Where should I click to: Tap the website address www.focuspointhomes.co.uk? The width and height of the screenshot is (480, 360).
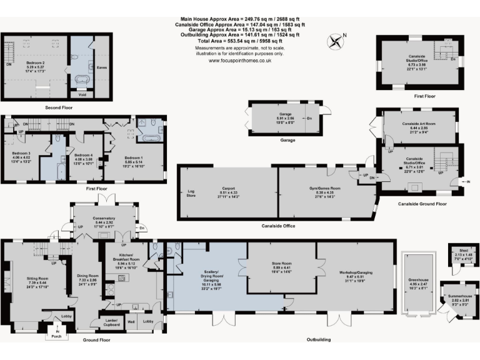pos(239,61)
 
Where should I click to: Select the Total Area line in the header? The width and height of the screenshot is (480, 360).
pos(240,41)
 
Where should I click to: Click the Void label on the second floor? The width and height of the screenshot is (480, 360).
pos(82,95)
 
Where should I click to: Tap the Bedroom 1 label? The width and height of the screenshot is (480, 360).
pos(134,157)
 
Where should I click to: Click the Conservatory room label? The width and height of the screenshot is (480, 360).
pos(104,219)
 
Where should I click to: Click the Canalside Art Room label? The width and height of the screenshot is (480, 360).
pos(417,124)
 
